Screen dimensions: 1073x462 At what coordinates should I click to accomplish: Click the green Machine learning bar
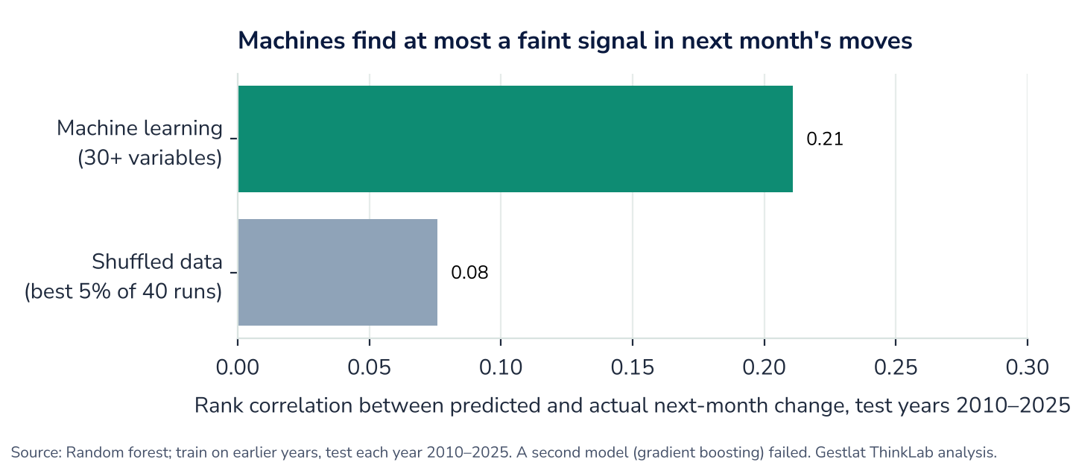[x=516, y=139]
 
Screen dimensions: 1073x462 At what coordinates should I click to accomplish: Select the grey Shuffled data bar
[x=338, y=272]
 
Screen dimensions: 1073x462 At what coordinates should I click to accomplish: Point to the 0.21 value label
[x=824, y=139]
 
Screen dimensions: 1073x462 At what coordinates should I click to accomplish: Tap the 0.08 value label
[x=469, y=273]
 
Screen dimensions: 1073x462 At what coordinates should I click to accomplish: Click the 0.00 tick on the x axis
[x=238, y=367]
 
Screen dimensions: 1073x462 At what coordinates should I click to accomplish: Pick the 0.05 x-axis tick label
[x=370, y=367]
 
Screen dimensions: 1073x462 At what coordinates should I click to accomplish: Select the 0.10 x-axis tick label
[x=501, y=367]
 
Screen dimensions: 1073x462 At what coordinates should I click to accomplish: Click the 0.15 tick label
[x=633, y=367]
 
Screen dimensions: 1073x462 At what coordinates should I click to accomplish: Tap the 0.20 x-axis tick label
[x=764, y=367]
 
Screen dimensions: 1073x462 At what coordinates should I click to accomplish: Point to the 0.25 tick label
[x=896, y=367]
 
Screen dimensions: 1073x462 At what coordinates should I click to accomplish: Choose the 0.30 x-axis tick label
[x=1027, y=367]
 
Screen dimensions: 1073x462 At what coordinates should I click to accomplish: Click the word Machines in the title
[x=291, y=41]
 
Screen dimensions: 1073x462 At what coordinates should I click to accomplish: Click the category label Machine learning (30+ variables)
[x=139, y=143]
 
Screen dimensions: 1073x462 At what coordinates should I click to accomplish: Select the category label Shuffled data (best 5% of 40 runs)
[x=124, y=276]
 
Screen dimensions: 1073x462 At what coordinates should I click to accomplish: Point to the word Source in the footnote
[x=36, y=452]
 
